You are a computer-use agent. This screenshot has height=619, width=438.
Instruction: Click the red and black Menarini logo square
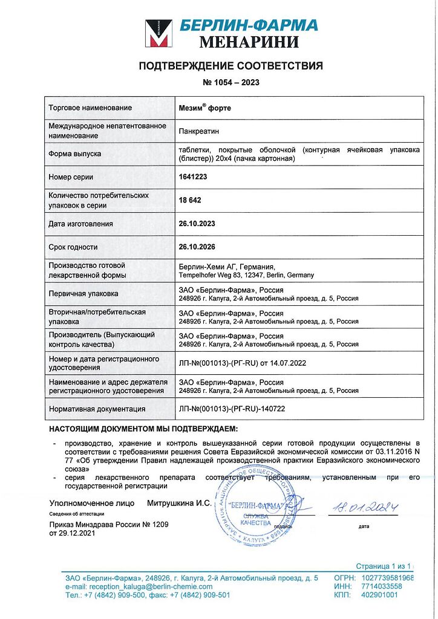[x=158, y=33]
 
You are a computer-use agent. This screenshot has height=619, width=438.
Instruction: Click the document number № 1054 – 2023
[x=230, y=82]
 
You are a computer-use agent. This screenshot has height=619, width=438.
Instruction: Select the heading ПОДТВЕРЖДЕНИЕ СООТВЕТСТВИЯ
[x=230, y=66]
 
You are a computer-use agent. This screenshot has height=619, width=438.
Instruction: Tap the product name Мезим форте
[x=205, y=108]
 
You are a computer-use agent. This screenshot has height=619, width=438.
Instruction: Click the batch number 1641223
[x=194, y=177]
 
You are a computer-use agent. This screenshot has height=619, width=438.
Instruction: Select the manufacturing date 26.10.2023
[x=197, y=224]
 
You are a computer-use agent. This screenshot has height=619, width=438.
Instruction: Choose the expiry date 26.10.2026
[x=197, y=247]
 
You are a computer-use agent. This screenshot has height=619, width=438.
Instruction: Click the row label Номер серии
[x=71, y=177]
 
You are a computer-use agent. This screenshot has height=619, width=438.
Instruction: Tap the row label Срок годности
[x=73, y=247]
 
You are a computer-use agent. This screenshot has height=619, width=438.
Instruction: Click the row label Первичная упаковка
[x=83, y=293]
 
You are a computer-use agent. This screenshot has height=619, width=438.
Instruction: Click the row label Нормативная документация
[x=97, y=409]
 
